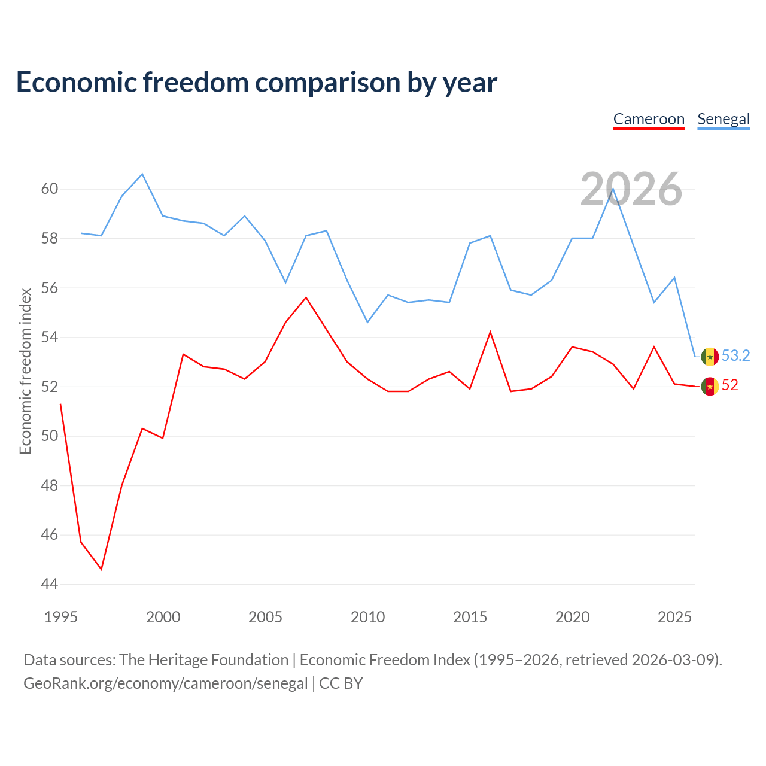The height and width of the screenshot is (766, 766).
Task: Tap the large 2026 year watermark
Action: (x=631, y=189)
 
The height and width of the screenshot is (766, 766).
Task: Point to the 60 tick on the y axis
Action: (x=50, y=189)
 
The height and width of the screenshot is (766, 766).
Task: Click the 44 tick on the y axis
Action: (x=50, y=584)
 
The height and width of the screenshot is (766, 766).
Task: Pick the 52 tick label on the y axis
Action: (x=50, y=387)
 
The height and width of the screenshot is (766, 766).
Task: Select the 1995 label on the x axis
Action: (x=61, y=617)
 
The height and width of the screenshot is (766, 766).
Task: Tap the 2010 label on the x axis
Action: (x=367, y=617)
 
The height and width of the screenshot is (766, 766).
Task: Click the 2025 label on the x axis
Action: (x=674, y=617)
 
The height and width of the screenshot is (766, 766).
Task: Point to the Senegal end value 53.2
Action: (x=735, y=355)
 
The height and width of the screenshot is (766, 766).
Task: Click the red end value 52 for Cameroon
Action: (x=730, y=385)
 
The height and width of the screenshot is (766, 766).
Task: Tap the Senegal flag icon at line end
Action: (x=710, y=357)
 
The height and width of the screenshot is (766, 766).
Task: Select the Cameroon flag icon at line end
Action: (x=710, y=387)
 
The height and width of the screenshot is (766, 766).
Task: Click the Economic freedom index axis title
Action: (x=26, y=371)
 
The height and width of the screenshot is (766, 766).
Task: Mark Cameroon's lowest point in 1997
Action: (x=101, y=569)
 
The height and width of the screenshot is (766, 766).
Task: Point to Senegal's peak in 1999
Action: (x=142, y=174)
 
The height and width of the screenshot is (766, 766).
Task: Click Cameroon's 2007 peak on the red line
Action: (x=306, y=297)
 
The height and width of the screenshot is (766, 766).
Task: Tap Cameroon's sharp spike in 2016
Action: (x=490, y=332)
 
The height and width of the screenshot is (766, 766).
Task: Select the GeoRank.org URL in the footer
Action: (x=165, y=683)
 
